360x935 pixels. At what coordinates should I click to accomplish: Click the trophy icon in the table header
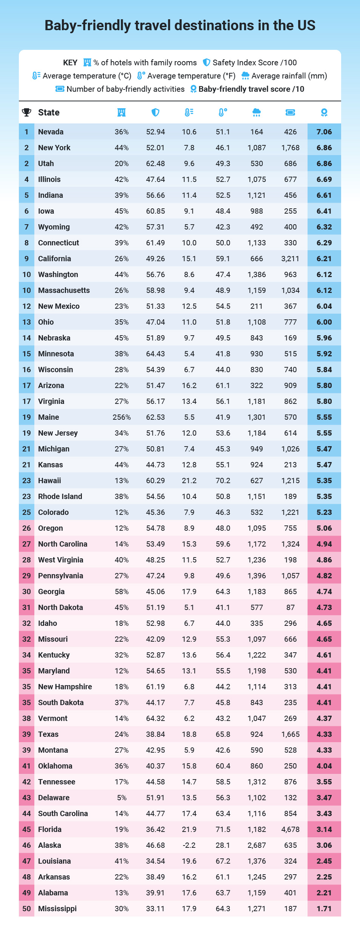(x=26, y=112)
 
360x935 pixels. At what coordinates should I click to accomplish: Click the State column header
(x=49, y=112)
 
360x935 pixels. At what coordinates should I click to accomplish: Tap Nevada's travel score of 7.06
(x=324, y=132)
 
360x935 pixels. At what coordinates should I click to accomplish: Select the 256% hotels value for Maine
(x=122, y=417)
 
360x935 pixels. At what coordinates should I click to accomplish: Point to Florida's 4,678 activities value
(x=290, y=829)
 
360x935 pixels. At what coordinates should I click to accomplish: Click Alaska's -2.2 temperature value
(x=189, y=845)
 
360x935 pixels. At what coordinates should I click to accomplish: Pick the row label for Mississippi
(x=57, y=909)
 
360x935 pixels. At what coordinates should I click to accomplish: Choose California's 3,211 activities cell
(x=290, y=259)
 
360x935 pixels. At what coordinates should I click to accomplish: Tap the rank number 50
(x=26, y=909)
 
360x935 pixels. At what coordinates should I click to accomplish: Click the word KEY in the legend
(x=70, y=63)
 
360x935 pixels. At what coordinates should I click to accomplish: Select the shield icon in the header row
(x=155, y=112)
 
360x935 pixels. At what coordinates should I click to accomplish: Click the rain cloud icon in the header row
(x=256, y=112)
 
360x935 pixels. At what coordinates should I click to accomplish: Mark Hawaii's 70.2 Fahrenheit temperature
(x=223, y=481)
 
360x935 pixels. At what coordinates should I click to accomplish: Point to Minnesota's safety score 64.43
(x=155, y=354)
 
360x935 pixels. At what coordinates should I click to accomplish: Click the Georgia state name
(x=51, y=591)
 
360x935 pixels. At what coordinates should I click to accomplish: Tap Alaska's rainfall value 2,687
(x=257, y=845)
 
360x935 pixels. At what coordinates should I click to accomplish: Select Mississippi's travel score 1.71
(x=324, y=909)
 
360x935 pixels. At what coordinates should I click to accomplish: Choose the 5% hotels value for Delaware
(x=122, y=798)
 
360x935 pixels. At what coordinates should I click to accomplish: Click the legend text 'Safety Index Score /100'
(x=254, y=63)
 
